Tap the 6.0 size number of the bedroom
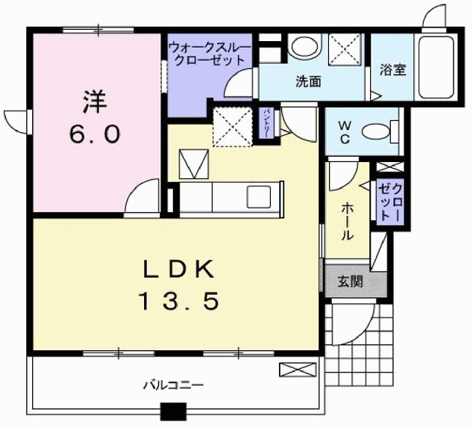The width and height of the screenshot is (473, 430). pyautogui.click(x=93, y=134)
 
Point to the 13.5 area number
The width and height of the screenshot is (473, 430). pyautogui.click(x=178, y=301)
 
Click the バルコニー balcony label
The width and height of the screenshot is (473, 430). pyautogui.click(x=173, y=386)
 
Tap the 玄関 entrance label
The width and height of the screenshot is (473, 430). pyautogui.click(x=349, y=281)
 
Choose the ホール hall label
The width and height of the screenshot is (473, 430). pyautogui.click(x=348, y=222)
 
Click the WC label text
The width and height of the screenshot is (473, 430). pyautogui.click(x=345, y=132)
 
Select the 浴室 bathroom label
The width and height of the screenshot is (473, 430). pyautogui.click(x=392, y=70)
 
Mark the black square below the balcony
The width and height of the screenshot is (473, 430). pyautogui.click(x=173, y=411)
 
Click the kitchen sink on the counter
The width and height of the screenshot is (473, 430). pyautogui.click(x=261, y=199)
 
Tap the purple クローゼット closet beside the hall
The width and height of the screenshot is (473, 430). pyautogui.click(x=390, y=201)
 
